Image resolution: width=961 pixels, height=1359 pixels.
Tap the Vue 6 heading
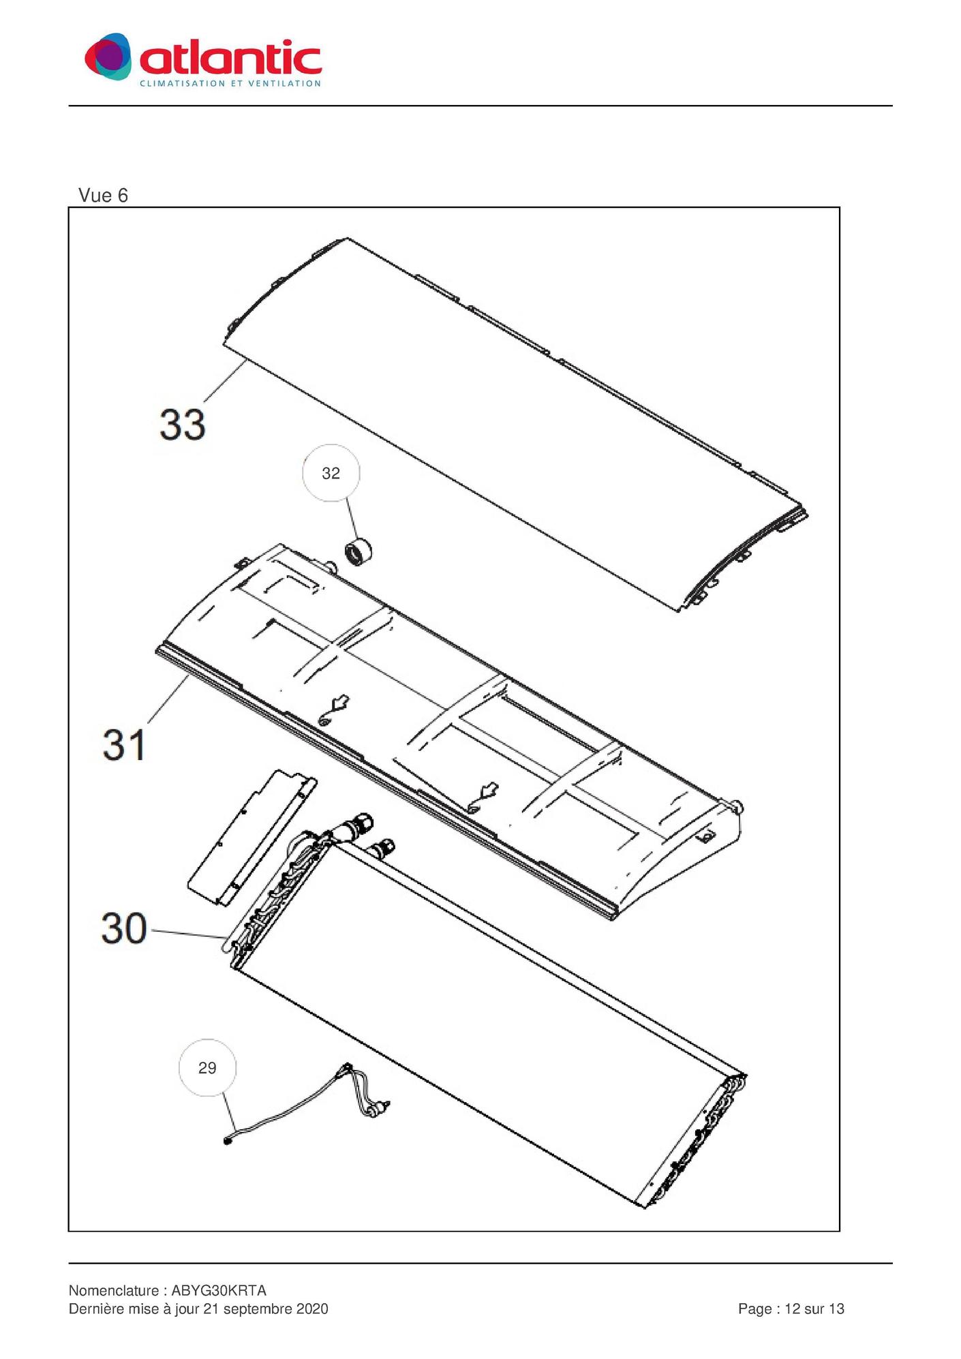(103, 196)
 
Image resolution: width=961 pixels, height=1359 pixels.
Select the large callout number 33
(182, 424)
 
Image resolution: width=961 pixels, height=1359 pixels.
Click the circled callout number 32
(331, 473)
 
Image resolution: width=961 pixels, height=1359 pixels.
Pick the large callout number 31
(124, 744)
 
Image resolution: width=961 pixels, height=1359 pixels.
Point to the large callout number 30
(124, 928)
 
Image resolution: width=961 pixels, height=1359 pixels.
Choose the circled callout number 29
(207, 1068)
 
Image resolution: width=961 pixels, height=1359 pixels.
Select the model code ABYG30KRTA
(219, 1290)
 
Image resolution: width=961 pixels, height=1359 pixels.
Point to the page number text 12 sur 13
(814, 1309)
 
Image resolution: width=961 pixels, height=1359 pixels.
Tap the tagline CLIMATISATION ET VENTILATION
(230, 83)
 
